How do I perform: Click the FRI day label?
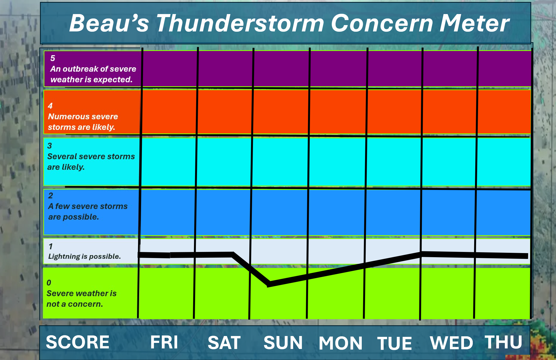click(164, 342)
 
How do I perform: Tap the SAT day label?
click(224, 343)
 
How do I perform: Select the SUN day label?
click(283, 343)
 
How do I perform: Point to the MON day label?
click(341, 343)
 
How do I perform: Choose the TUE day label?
click(395, 343)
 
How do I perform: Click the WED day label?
click(451, 343)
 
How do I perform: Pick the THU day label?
click(503, 342)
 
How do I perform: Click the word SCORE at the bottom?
click(78, 342)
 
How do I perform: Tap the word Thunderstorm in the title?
click(240, 23)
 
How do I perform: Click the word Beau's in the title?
click(109, 23)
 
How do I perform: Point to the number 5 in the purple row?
click(53, 58)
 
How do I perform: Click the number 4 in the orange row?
click(50, 106)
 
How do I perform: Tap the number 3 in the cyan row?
click(50, 146)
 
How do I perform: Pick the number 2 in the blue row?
click(50, 196)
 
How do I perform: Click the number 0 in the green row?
click(49, 283)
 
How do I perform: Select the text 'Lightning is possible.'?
click(84, 257)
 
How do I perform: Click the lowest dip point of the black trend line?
click(269, 284)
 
